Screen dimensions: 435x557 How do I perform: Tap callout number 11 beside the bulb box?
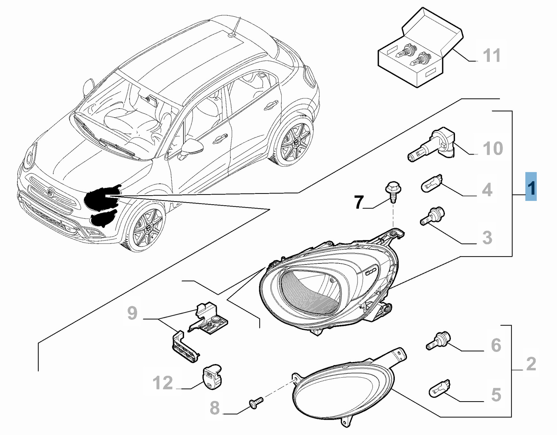coord(492,56)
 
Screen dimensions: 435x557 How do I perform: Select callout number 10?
coord(493,149)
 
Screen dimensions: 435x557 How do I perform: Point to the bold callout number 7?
coord(359,202)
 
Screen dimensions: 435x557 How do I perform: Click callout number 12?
coord(163,383)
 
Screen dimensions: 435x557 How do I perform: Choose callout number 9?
coord(132,313)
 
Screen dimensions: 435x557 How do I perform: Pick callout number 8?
coord(215,408)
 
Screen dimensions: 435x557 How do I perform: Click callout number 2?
coord(531,364)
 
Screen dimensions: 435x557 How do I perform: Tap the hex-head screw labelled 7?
coord(393,192)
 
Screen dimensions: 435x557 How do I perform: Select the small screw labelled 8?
coord(256,403)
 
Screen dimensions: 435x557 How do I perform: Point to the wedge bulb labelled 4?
coord(432,183)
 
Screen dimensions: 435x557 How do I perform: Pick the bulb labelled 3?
coord(433,215)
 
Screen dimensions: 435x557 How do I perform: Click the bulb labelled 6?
coord(438,341)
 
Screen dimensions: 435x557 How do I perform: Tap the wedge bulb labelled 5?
coord(439,388)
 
